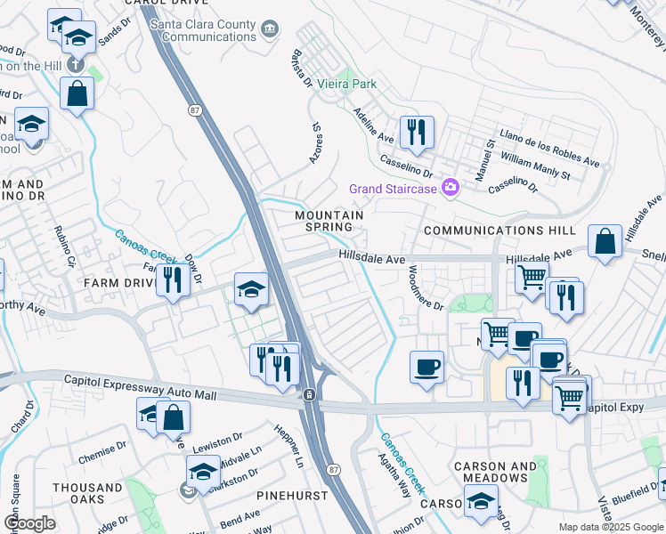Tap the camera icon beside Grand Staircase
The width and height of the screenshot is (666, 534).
[451, 187]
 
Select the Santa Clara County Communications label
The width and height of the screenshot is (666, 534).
[204, 30]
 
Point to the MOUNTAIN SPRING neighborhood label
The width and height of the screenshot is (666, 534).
[329, 222]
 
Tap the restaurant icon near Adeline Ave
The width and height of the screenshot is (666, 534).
[417, 133]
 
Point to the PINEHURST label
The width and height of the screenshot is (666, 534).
[291, 495]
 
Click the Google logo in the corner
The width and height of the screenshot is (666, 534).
[29, 523]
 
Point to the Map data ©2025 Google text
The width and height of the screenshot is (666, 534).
[610, 527]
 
